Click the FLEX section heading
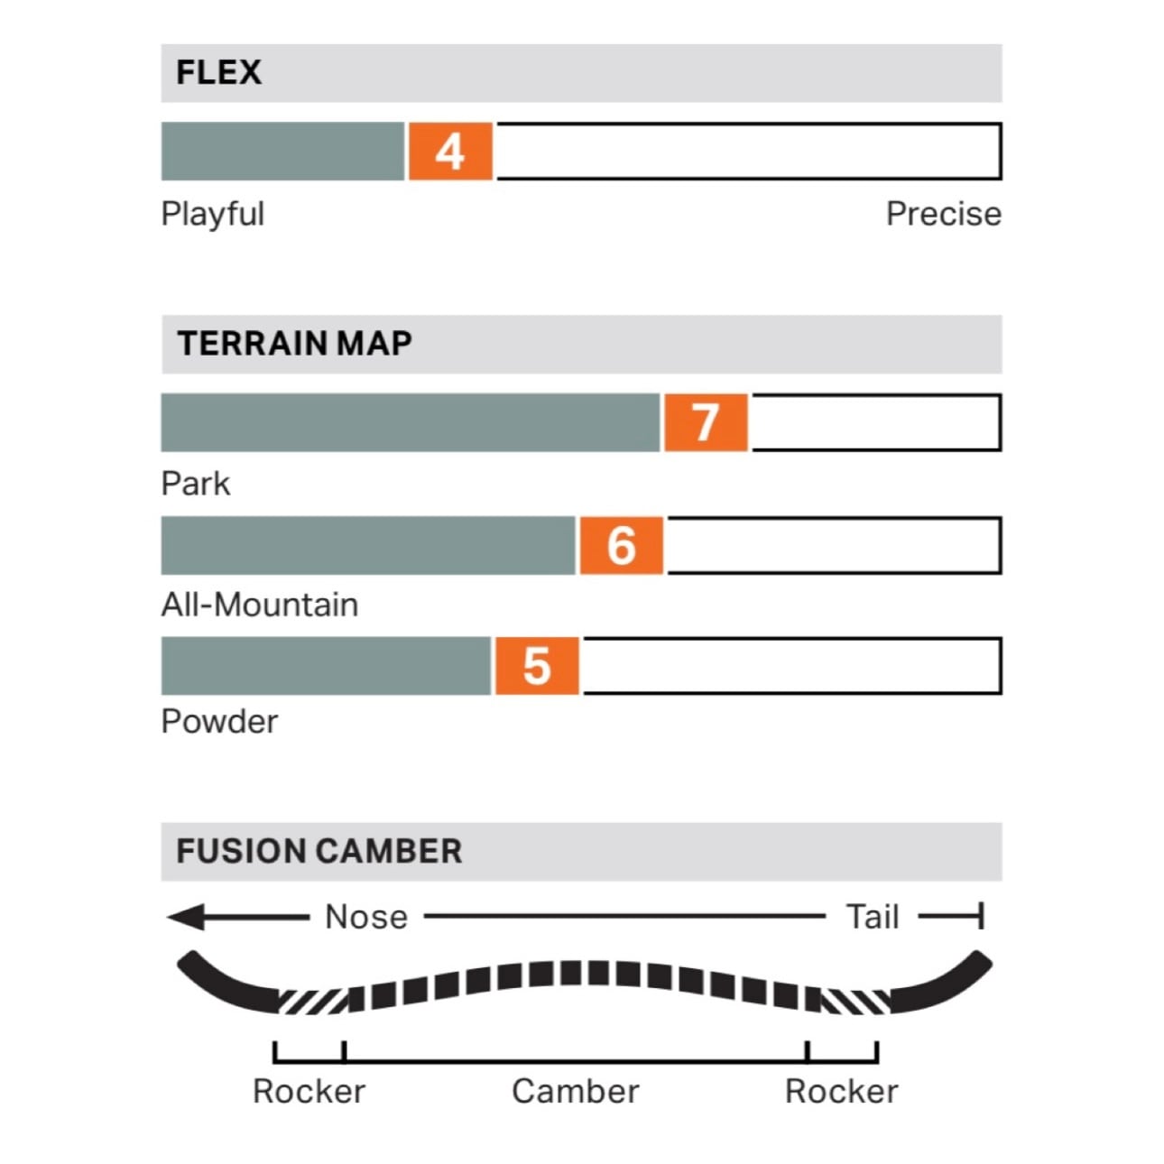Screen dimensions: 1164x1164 (x=218, y=72)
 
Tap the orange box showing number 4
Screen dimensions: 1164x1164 (x=450, y=152)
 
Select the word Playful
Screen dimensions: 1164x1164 (x=212, y=215)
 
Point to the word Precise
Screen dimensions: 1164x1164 (x=943, y=215)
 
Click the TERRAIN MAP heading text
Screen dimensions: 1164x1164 (x=294, y=344)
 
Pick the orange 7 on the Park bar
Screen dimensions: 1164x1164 (x=706, y=422)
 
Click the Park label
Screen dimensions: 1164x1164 (x=195, y=484)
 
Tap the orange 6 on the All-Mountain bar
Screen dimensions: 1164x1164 (x=621, y=546)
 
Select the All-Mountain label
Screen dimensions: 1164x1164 (x=259, y=605)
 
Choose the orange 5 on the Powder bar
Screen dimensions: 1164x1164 (x=537, y=667)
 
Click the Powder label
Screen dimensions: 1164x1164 (x=219, y=722)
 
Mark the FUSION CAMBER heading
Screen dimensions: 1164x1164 (x=319, y=851)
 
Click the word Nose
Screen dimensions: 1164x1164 (x=366, y=918)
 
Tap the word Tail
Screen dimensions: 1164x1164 (x=873, y=918)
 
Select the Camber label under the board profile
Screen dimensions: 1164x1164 (x=575, y=1092)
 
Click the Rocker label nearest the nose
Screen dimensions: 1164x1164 (x=309, y=1092)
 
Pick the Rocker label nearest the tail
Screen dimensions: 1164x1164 (x=841, y=1092)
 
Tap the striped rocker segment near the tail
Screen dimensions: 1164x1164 (x=855, y=1001)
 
